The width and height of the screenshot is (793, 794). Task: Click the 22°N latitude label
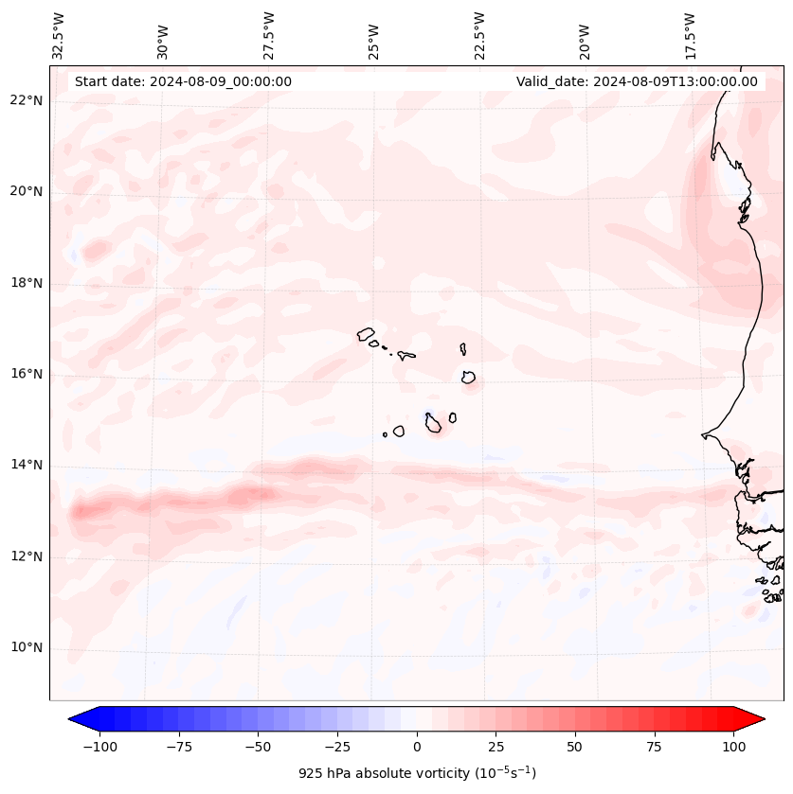point(27,101)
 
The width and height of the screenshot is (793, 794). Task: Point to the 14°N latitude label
point(27,465)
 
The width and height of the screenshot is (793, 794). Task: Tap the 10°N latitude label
point(27,648)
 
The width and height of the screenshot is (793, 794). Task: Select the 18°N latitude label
point(27,283)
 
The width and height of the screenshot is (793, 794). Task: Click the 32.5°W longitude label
point(59,35)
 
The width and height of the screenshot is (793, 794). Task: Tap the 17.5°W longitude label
point(690,35)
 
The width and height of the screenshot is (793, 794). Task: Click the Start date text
point(183,81)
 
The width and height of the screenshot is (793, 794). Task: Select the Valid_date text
point(637,81)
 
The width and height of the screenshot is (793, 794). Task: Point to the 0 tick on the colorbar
point(417,747)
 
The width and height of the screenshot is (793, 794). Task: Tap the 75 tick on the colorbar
point(654,747)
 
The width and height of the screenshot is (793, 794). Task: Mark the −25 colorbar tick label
point(337,747)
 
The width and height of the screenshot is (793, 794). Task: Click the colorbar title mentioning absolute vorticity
point(417,773)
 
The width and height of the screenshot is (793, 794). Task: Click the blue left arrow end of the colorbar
point(81,719)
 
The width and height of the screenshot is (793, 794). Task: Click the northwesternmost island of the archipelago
point(366,333)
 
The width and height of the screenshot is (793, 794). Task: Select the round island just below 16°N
point(468,378)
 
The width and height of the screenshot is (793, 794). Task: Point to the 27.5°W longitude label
point(269,35)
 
